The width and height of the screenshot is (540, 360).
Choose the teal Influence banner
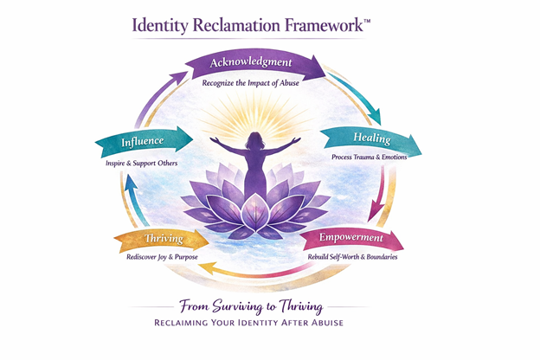coord(144,140)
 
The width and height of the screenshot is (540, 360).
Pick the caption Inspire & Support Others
coord(136,162)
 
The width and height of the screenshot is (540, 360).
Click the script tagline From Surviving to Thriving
coord(257,305)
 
